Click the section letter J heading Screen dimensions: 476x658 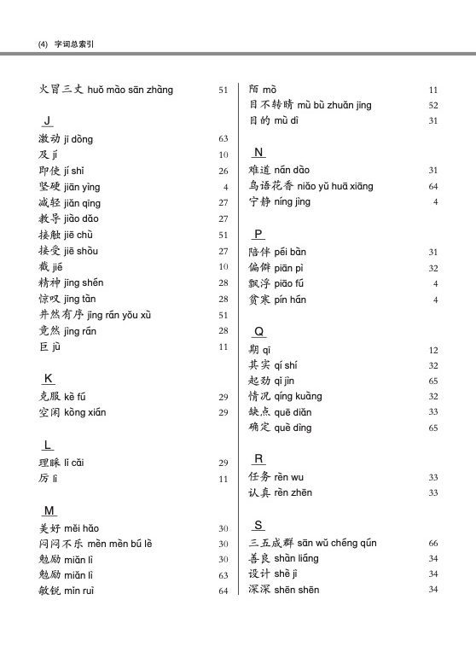coord(47,119)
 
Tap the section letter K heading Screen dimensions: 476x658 coord(49,378)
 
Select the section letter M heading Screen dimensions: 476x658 coord(49,510)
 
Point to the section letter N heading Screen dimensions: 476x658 coord(258,152)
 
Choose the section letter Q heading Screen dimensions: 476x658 coord(259,331)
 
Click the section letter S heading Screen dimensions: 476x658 coord(258,524)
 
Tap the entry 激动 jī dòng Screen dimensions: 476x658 coord(66,138)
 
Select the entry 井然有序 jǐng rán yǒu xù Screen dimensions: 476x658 coord(95,315)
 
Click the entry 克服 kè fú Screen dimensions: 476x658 coord(62,397)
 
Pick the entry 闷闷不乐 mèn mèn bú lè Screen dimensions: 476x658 coord(96,544)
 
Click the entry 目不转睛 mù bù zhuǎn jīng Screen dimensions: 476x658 coord(310,105)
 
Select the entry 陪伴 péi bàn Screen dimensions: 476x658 coord(277,252)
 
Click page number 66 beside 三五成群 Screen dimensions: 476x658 coord(432,543)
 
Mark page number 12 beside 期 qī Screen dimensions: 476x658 coord(432,351)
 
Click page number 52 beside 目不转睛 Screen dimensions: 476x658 coord(432,106)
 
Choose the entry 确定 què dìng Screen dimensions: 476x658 coord(280,428)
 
